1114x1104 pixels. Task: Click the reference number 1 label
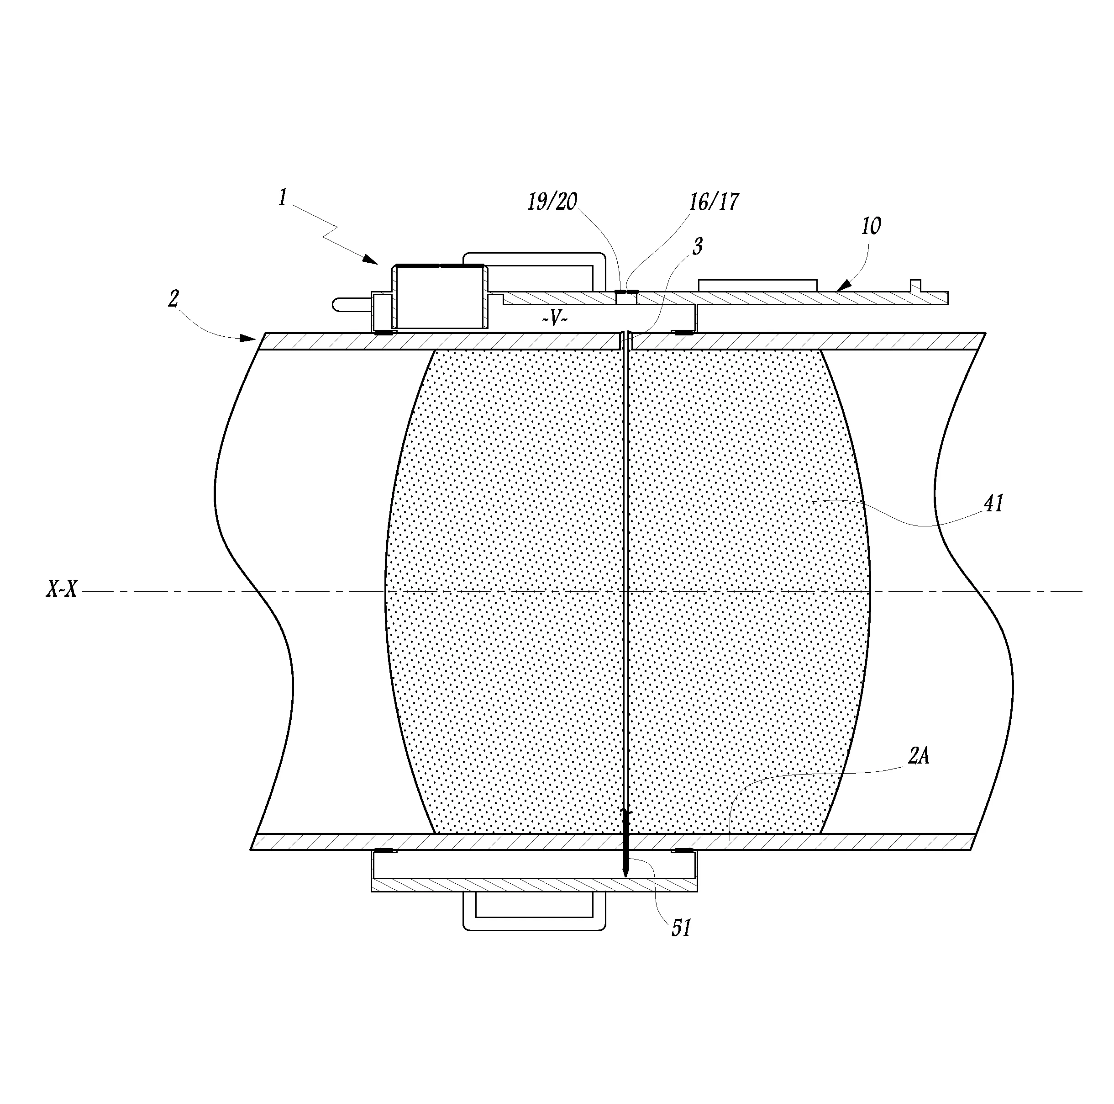(x=283, y=198)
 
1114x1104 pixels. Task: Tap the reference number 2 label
(x=173, y=298)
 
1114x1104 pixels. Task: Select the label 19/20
(x=552, y=202)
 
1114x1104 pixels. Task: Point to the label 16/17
(x=714, y=202)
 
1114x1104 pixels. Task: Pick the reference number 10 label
(x=871, y=226)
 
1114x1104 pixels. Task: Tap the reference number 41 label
(x=993, y=503)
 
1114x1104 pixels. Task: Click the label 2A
(x=919, y=755)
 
